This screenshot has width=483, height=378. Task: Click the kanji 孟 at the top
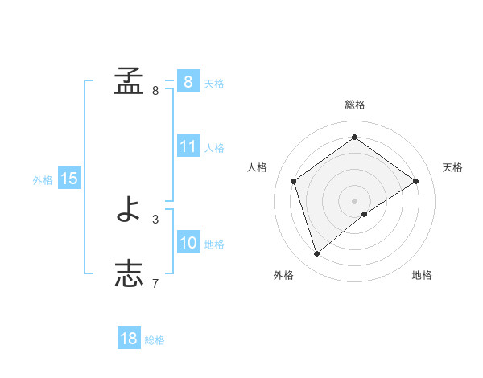129,81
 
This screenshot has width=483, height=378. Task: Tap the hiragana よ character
129,210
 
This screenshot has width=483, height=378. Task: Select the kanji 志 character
129,273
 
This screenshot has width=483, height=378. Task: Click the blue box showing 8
188,81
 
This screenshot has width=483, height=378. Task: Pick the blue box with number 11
188,146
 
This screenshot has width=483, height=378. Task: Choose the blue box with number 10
188,243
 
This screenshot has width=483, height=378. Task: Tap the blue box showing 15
69,179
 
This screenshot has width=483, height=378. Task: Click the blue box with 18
129,339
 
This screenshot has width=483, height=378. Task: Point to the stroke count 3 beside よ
155,219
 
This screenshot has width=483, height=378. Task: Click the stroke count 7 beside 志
155,283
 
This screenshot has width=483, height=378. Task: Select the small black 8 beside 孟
155,91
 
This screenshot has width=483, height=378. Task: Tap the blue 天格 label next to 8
214,83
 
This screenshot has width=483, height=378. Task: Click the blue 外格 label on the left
43,180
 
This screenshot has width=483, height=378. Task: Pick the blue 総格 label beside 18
155,340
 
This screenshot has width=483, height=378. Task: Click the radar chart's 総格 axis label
354,105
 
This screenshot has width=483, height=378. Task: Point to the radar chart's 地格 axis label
422,275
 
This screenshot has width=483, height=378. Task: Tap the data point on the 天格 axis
415,181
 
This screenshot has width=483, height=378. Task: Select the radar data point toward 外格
317,254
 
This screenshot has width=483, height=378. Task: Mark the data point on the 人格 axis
294,181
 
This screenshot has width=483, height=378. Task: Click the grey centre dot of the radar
354,200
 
